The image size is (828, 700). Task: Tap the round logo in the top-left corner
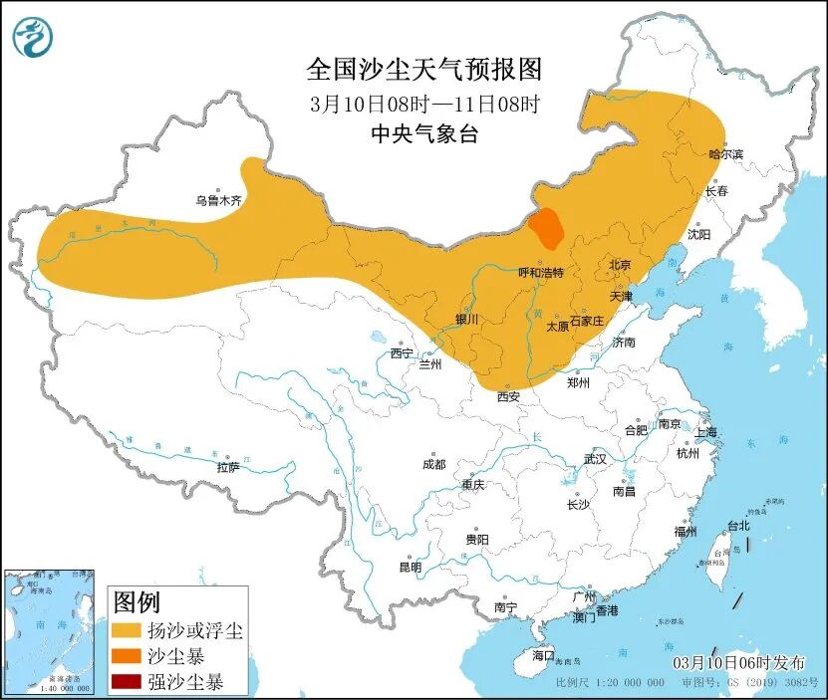pos(33,37)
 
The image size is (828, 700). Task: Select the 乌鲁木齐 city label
pos(218,200)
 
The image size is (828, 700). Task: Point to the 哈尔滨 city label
pos(725,153)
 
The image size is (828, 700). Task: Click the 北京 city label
pos(619,265)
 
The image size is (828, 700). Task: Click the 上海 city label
pos(705,432)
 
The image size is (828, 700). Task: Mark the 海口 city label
pos(542,655)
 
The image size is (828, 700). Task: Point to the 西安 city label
pos(508,396)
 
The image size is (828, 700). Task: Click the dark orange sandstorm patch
pos(545,228)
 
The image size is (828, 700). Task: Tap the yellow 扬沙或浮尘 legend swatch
pos(127,630)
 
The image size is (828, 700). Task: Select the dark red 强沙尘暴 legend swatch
pos(127,682)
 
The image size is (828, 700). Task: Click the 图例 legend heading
pos(137,601)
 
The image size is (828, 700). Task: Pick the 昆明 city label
pos(410,567)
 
